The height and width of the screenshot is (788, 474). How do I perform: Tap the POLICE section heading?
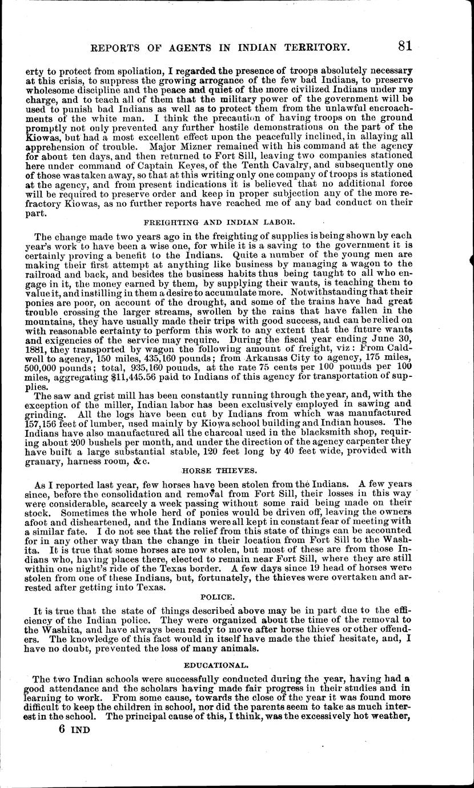click(x=218, y=596)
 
